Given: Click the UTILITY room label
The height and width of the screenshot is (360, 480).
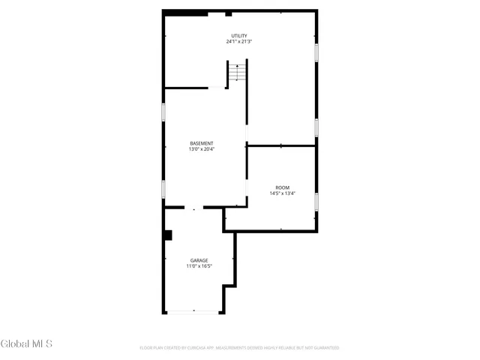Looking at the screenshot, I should (x=239, y=36).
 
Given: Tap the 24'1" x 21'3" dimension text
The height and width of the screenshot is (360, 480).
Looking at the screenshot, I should (x=239, y=42).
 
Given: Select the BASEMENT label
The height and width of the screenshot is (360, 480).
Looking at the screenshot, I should (x=202, y=143).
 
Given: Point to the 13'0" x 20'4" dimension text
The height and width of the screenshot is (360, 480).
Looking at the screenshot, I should (x=202, y=149).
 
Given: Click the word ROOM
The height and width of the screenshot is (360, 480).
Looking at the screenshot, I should (x=282, y=187).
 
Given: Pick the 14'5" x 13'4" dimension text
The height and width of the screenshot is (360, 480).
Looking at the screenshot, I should (x=282, y=193).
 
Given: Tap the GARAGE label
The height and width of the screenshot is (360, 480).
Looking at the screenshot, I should (x=199, y=260).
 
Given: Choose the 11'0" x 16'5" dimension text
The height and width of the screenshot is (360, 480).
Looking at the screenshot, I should (x=199, y=266).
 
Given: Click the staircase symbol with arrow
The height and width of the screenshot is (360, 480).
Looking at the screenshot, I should (x=237, y=73).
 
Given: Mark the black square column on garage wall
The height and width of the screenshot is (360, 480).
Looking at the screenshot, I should (x=168, y=235).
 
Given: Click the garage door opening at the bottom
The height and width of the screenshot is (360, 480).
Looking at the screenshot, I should (x=193, y=312).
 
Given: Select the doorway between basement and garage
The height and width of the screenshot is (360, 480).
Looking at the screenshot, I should (x=193, y=208).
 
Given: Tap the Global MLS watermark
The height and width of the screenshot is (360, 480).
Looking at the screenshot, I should (x=26, y=344).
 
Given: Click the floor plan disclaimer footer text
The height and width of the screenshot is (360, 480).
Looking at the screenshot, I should (x=239, y=348).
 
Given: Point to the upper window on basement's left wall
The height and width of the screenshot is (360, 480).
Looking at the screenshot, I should (x=164, y=112).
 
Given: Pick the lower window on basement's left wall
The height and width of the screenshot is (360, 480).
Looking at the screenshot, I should (x=164, y=188).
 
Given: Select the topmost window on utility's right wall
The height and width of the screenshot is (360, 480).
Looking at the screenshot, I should (x=316, y=52).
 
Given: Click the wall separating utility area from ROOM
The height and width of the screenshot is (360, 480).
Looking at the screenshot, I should (x=281, y=146).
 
